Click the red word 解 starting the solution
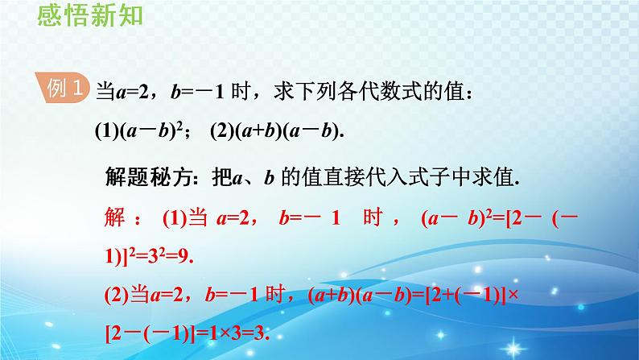[x=115, y=217]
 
